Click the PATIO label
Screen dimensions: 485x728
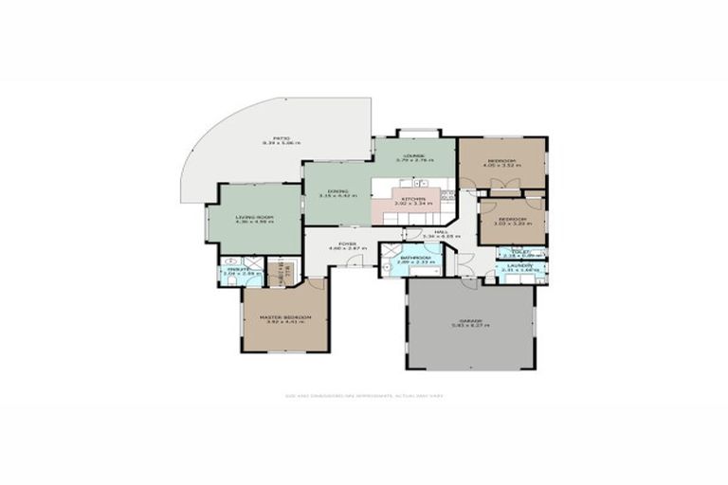click(281, 136)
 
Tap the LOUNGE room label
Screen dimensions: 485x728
click(413, 154)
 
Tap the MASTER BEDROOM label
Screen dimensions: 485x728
click(285, 316)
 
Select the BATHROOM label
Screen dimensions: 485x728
click(415, 258)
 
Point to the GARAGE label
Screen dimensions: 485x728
click(471, 320)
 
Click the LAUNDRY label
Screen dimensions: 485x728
click(518, 266)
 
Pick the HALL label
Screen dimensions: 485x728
click(440, 231)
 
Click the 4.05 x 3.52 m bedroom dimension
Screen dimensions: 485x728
click(501, 167)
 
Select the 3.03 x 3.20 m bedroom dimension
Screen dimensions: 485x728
click(512, 225)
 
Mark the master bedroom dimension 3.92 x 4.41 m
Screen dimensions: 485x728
click(285, 322)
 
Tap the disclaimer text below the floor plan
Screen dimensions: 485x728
click(363, 397)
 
